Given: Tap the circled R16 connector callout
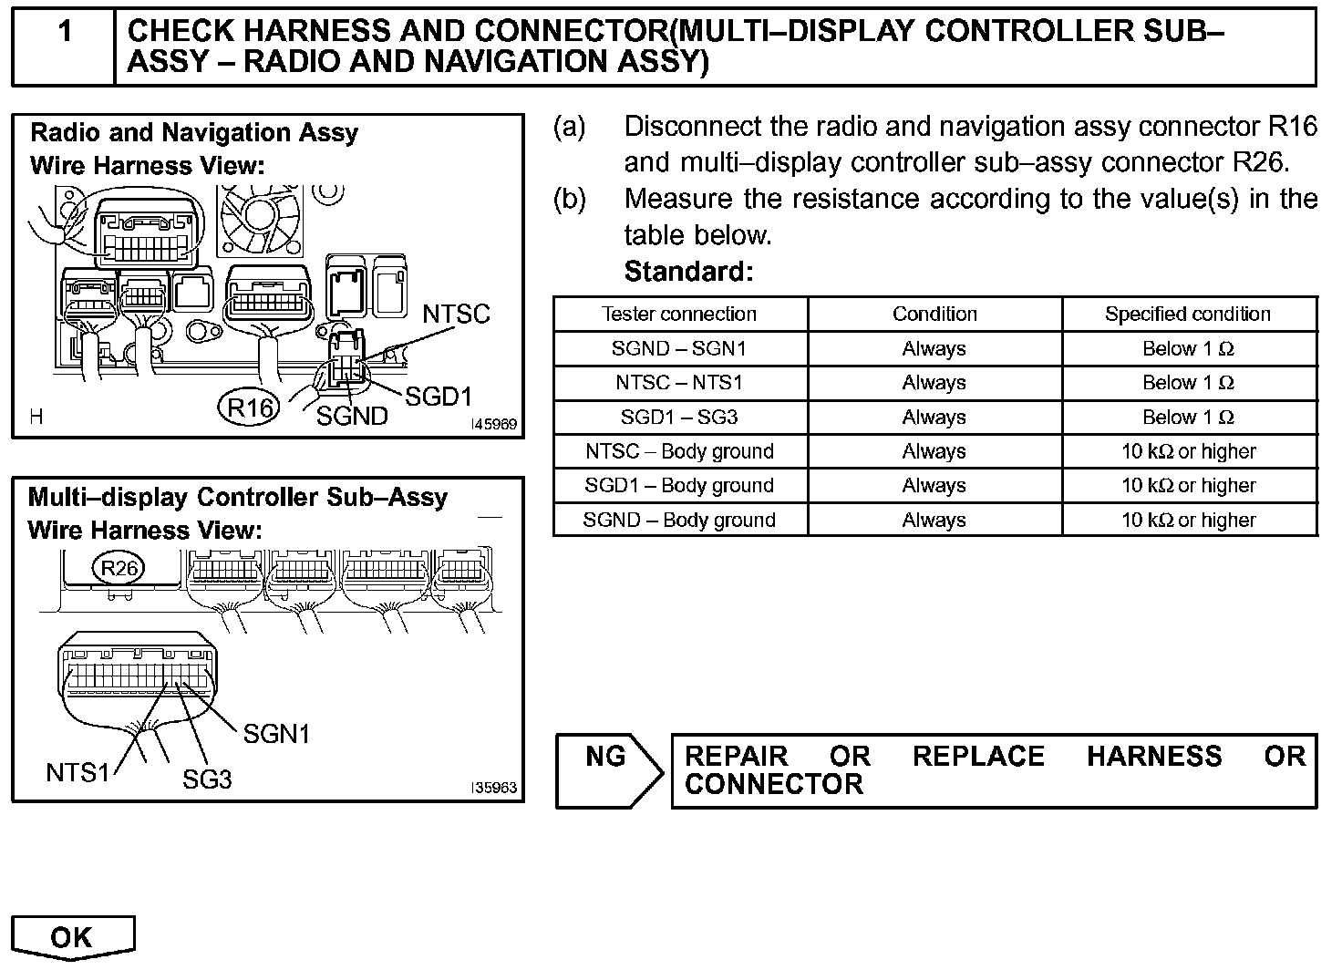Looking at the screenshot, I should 249,408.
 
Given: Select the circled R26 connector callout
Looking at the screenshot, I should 119,569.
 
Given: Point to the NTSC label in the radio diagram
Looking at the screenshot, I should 456,315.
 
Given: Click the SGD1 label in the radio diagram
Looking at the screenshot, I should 438,397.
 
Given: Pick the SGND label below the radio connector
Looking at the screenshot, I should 352,417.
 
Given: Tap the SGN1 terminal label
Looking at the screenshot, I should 276,734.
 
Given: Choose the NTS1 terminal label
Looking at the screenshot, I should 77,773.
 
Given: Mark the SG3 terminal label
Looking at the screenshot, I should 207,779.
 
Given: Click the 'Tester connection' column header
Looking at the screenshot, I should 679,315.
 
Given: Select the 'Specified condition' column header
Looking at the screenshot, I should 1188,315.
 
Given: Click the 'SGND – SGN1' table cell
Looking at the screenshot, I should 679,348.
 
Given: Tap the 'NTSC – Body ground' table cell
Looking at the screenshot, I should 679,451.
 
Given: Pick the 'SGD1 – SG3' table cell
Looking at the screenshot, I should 679,418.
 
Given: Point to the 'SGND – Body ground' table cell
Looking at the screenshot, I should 679,521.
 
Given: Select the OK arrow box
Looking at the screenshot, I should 73,937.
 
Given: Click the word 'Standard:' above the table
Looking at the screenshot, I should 688,272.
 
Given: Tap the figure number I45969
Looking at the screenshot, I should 493,425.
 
